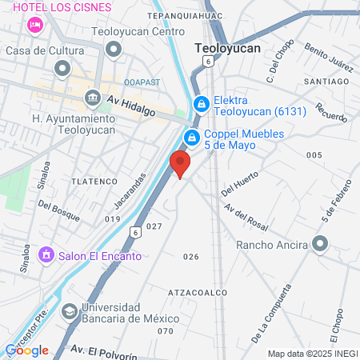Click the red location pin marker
tap(181, 164)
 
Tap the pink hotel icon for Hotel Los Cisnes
tap(34, 25)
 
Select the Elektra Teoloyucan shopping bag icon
tap(202, 103)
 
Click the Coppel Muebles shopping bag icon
tap(191, 138)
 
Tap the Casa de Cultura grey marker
tap(60, 70)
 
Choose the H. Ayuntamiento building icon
tap(92, 99)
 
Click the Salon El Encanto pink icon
tap(46, 256)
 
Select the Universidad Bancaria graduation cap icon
tap(69, 310)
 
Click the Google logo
tap(26, 350)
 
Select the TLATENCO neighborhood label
tap(94, 182)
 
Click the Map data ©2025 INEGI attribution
tap(312, 354)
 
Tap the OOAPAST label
tap(142, 82)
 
